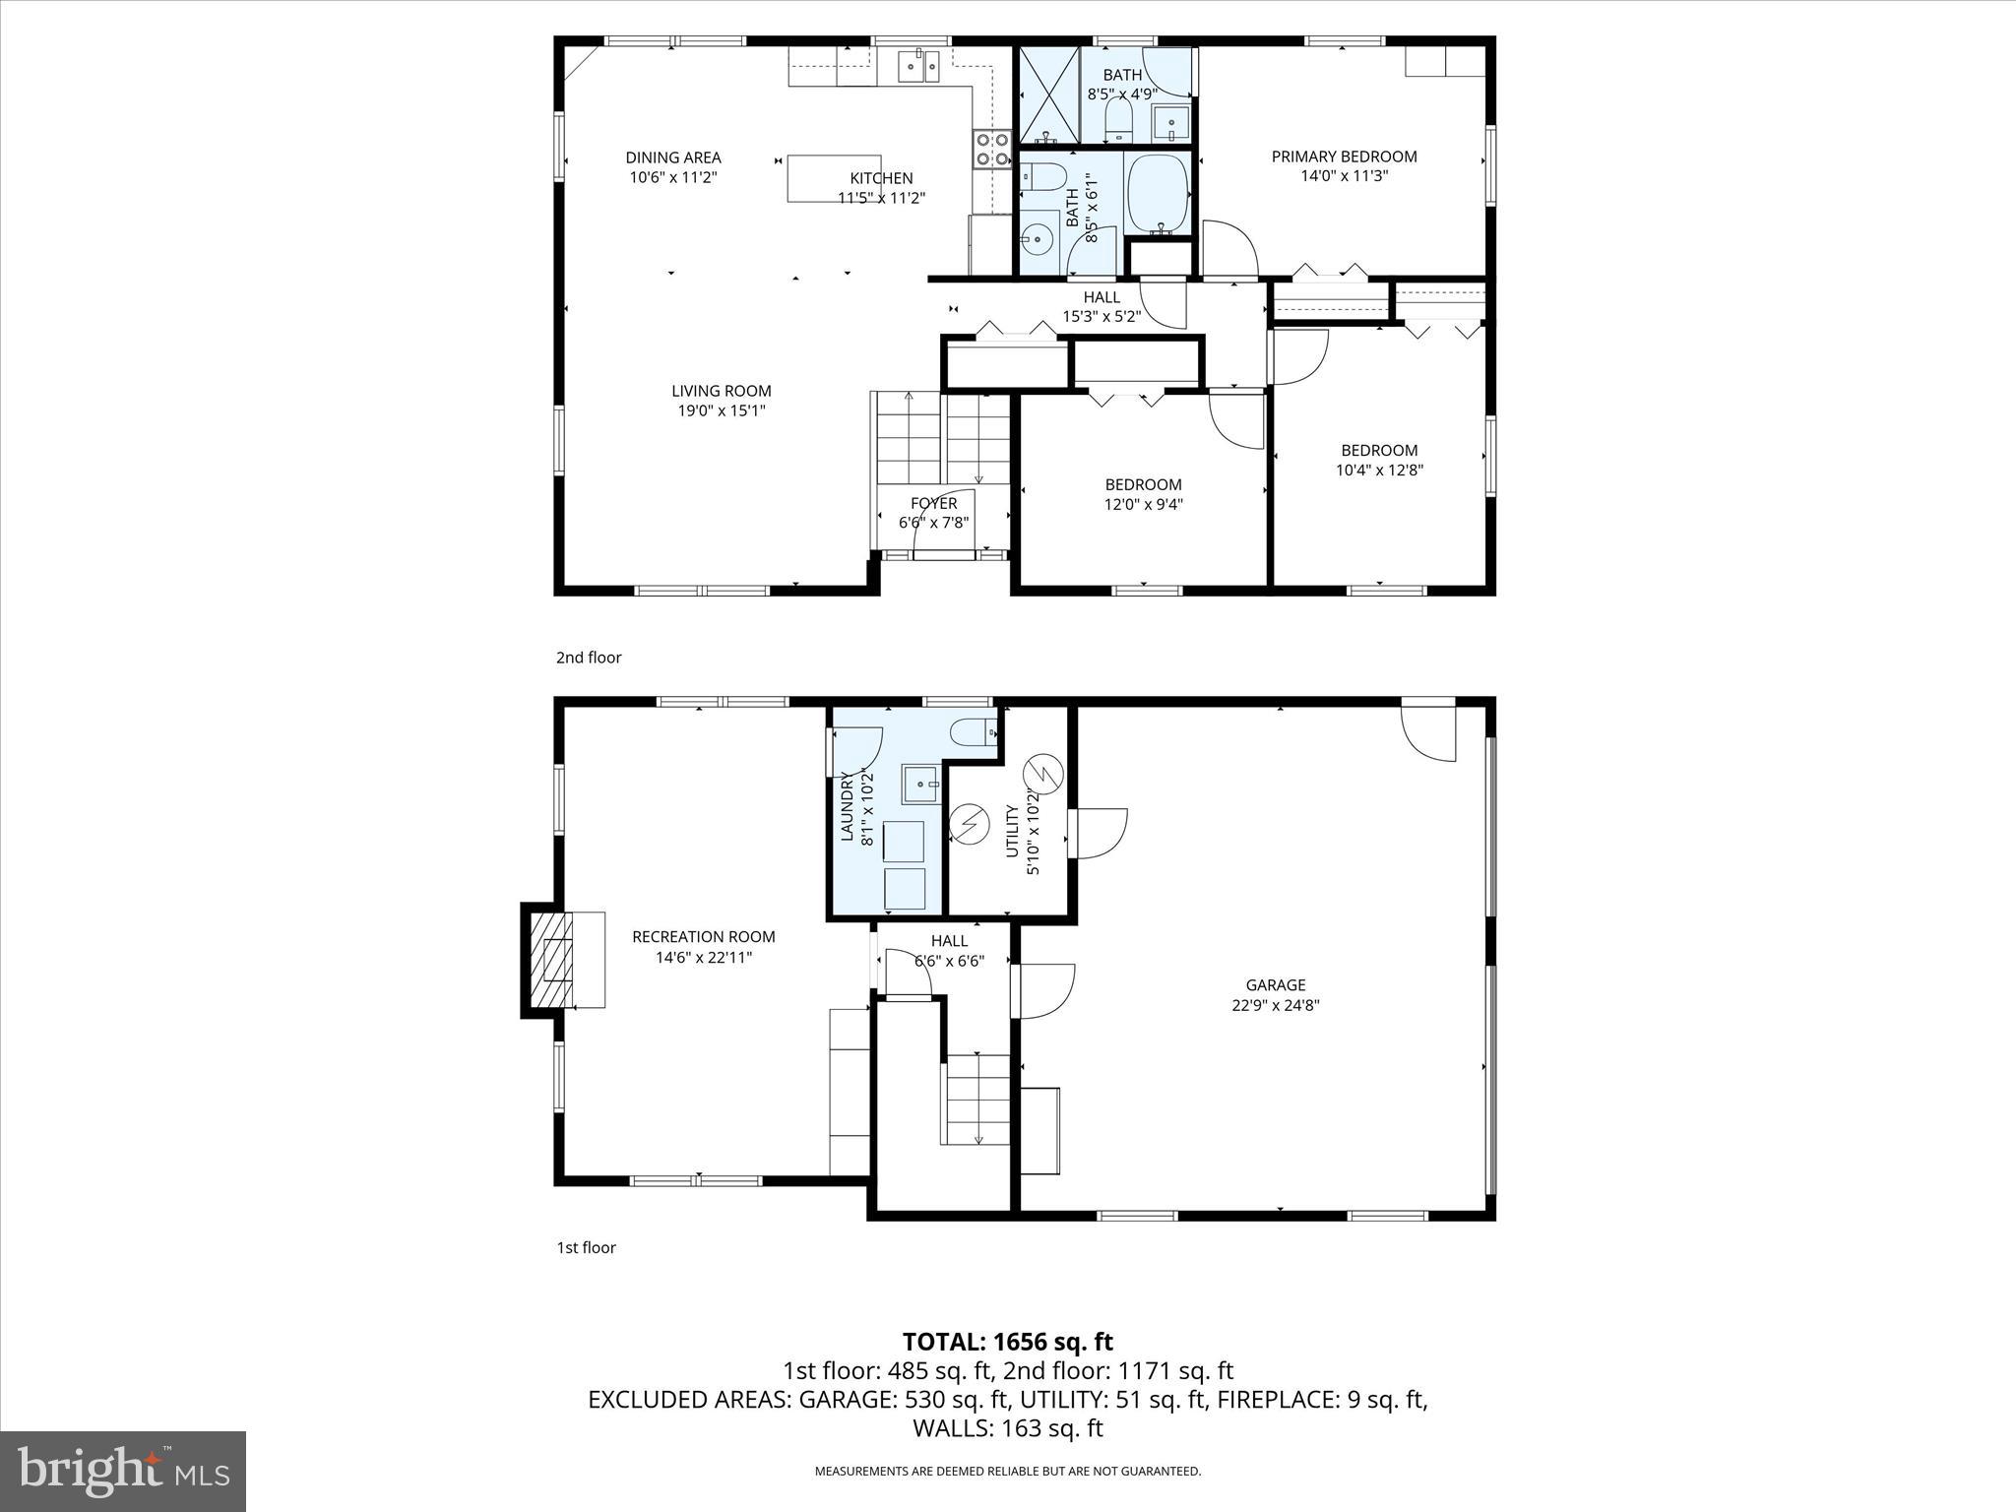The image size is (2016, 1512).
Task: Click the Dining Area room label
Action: (673, 157)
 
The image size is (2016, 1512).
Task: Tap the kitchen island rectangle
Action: (817, 178)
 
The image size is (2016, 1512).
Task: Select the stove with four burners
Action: (991, 149)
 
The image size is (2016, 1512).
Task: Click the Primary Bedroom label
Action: (1344, 157)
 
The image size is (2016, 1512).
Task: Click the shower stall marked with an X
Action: (1048, 94)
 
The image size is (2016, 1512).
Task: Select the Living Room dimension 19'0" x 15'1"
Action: (721, 411)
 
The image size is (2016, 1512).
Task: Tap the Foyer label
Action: (933, 504)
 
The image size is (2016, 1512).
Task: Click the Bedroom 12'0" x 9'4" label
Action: (1143, 484)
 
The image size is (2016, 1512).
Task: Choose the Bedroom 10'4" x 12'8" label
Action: (1379, 451)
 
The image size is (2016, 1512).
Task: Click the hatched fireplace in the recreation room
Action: (551, 960)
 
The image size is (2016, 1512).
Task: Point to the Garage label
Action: (1276, 985)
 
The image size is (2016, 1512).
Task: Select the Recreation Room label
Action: (703, 937)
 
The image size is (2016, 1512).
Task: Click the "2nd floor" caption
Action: (589, 658)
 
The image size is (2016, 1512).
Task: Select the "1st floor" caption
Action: (586, 1248)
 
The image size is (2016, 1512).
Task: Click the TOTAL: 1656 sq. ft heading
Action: (1007, 1342)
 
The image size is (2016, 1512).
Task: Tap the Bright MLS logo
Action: (123, 1471)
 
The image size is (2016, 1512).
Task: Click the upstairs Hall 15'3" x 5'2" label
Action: (1101, 297)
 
